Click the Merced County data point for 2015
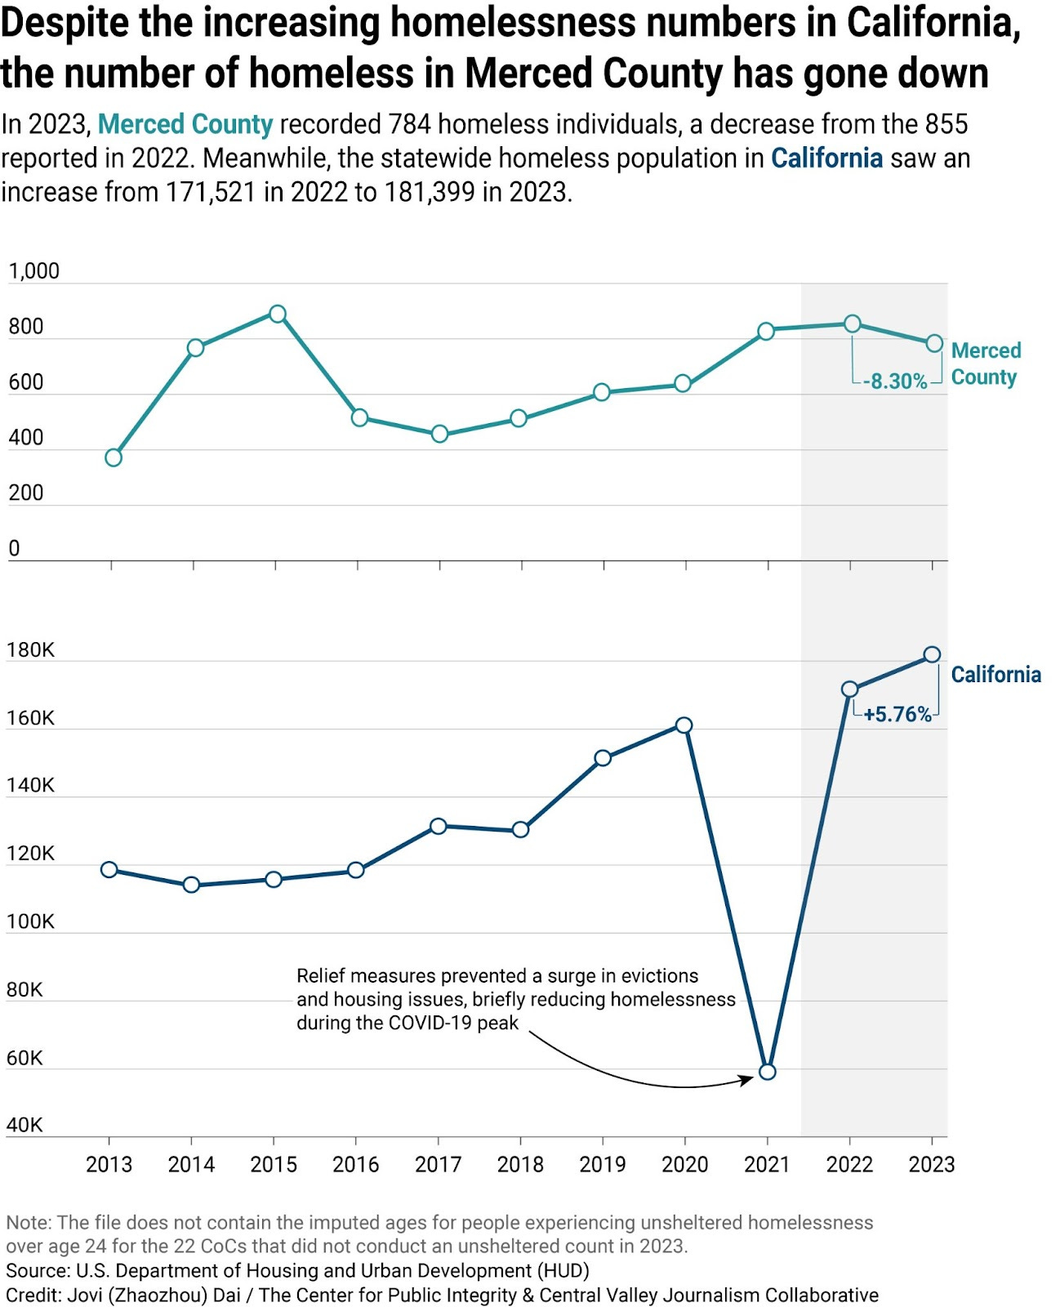(278, 314)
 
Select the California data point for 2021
(767, 1072)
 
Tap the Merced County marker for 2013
(114, 457)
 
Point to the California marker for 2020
(684, 725)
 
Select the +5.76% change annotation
(897, 715)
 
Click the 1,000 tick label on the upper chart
(33, 271)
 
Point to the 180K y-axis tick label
(30, 650)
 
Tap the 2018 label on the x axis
(520, 1165)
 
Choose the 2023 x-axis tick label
(931, 1165)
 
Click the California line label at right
(995, 675)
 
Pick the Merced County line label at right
(986, 364)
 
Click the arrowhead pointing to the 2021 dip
(747, 1080)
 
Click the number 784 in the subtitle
(409, 124)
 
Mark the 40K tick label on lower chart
(24, 1126)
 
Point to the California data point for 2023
(932, 654)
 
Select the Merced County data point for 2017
(439, 434)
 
